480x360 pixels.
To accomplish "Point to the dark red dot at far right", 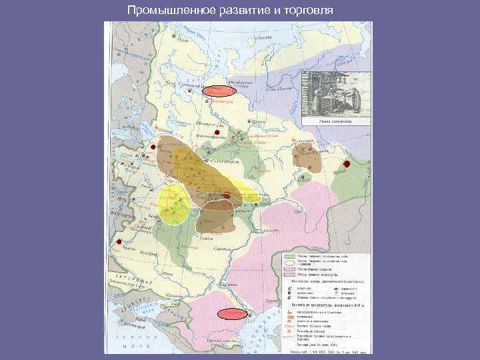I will click(x=346, y=164).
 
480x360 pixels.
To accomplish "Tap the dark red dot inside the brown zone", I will click(x=227, y=196).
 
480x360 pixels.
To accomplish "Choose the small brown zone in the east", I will click(x=307, y=158).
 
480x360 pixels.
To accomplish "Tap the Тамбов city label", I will click(x=209, y=237).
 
